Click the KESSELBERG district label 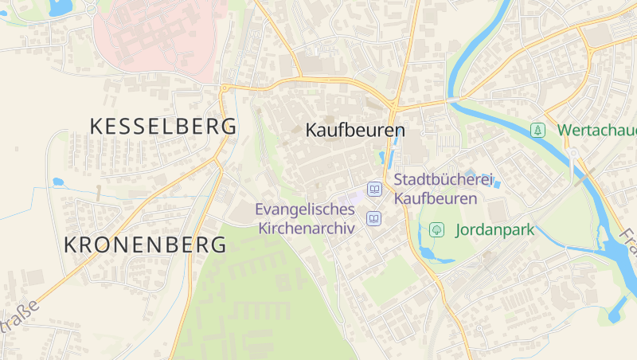[163, 126]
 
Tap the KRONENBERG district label [145, 245]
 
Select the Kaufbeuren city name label [356, 130]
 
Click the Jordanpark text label [494, 230]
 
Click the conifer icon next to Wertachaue [538, 129]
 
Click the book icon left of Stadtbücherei [373, 190]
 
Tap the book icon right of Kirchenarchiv [373, 218]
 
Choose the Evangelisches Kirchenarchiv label [305, 218]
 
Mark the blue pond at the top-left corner [59, 8]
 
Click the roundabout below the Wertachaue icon [572, 154]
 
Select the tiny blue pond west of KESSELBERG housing [58, 182]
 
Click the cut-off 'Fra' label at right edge [629, 237]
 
